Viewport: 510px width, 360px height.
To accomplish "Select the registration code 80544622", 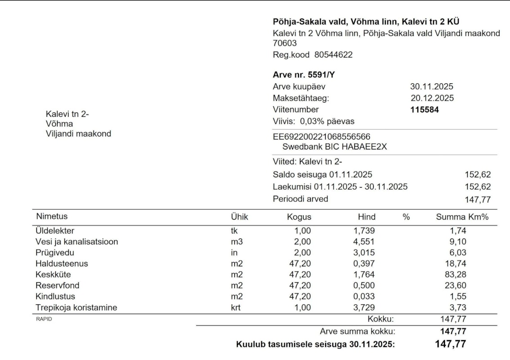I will [x=333, y=55].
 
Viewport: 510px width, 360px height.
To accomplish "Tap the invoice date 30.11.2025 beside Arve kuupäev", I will [x=432, y=87].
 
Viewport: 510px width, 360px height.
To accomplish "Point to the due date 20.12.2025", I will [x=432, y=98].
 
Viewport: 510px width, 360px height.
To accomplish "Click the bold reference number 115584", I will [x=425, y=109].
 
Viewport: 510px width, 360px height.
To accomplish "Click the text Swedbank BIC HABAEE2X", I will [x=335, y=146].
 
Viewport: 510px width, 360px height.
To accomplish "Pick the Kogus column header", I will [x=299, y=217].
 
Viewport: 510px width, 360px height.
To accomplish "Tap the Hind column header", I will [x=367, y=217].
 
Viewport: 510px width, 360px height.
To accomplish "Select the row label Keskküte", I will [x=53, y=274].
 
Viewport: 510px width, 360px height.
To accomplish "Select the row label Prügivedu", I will [x=54, y=253].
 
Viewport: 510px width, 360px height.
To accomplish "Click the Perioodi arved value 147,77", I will [x=477, y=199].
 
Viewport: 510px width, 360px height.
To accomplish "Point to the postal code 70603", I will [x=285, y=43].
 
